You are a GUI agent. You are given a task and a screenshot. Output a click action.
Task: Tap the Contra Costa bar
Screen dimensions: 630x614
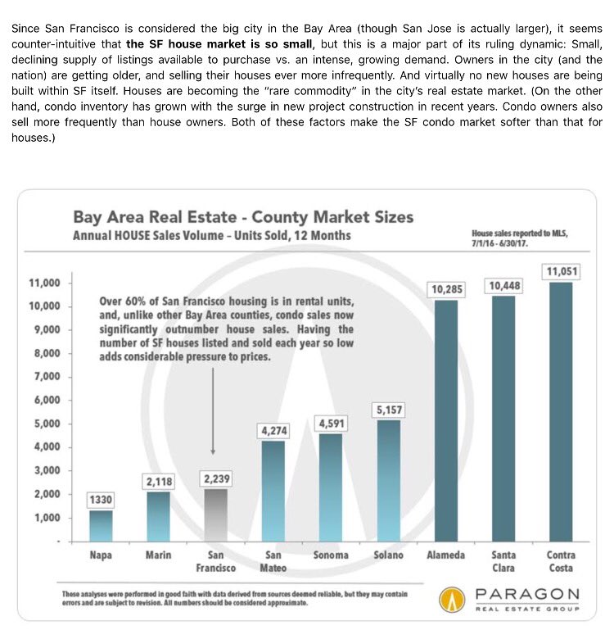click(561, 410)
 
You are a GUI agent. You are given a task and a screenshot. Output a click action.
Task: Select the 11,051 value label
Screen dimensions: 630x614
click(561, 271)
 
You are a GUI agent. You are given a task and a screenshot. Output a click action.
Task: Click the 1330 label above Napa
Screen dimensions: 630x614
click(102, 499)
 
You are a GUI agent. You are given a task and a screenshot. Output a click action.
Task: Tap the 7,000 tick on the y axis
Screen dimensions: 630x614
click(46, 377)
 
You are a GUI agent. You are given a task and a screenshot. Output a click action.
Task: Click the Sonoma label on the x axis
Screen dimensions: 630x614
click(332, 555)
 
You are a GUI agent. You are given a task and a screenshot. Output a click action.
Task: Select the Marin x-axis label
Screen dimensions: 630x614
click(158, 555)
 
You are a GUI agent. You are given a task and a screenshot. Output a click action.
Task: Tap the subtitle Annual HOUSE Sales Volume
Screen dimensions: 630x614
click(211, 236)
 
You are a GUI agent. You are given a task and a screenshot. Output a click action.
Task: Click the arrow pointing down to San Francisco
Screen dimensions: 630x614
click(214, 410)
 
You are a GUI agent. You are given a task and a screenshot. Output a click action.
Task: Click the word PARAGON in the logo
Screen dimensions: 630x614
click(527, 593)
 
